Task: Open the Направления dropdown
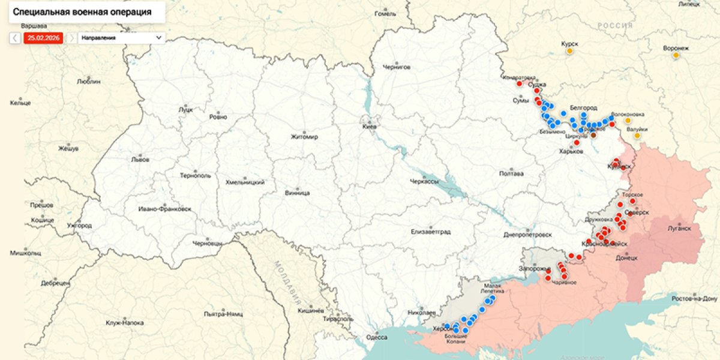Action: tap(122, 38)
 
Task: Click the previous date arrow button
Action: tap(15, 38)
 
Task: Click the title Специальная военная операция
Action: tap(82, 11)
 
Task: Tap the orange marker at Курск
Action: tap(569, 52)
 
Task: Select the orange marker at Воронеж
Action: tap(676, 55)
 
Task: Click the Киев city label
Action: tap(370, 127)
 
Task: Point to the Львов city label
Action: tap(140, 160)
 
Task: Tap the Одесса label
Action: tap(377, 337)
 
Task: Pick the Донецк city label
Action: tap(626, 257)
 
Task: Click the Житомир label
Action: tap(304, 137)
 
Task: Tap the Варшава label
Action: tap(34, 26)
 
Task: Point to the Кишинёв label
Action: tap(311, 310)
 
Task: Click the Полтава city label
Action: tap(511, 174)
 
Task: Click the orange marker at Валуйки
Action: tap(637, 136)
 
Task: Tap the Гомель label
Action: tap(385, 13)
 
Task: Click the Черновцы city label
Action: tap(207, 244)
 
